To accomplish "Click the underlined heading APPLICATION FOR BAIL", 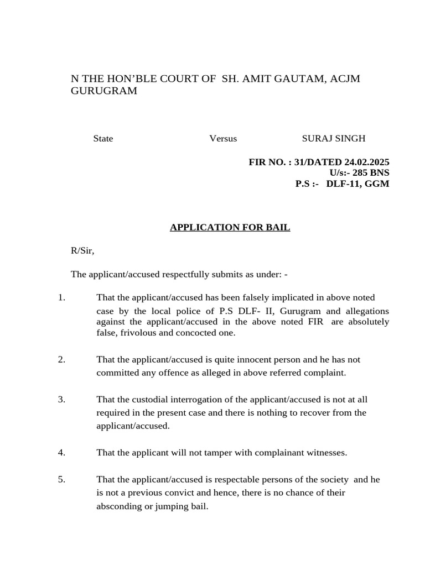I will pos(230,227).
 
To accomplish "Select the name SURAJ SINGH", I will pos(333,138).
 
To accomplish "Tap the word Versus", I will pos(223,138).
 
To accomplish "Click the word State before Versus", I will pos(103,138).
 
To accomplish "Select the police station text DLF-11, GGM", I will pos(357,184).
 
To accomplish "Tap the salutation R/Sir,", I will pos(82,250).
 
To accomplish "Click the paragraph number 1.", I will pos(61,297).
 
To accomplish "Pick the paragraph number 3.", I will pos(61,399).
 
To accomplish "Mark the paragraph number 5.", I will pos(61,479).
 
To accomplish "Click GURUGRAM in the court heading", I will pos(104,91).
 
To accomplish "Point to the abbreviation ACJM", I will pos(345,78).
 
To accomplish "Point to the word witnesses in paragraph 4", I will pos(326,453).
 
